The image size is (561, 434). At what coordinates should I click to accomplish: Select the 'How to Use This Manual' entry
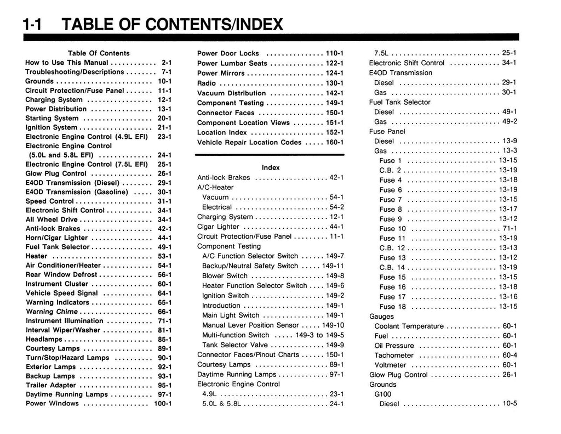[x=67, y=63]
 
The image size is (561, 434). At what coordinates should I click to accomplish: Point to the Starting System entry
[x=52, y=118]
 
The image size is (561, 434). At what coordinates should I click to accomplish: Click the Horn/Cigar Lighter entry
[x=56, y=238]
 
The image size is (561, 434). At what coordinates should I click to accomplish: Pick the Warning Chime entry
[x=51, y=312]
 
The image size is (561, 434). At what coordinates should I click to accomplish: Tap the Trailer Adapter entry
[x=50, y=385]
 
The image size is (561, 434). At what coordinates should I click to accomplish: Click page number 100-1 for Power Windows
[x=163, y=404]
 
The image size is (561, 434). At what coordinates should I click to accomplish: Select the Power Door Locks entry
[x=228, y=53]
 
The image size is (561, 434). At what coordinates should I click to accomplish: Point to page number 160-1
[x=334, y=142]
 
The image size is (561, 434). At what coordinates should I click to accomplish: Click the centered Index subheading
[x=271, y=167]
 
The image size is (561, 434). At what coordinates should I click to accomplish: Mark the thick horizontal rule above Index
[x=270, y=155]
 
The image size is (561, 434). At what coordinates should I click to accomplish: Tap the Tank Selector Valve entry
[x=235, y=345]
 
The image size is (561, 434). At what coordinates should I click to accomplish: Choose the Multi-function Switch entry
[x=236, y=335]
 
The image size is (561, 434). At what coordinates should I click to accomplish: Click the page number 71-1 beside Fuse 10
[x=510, y=229]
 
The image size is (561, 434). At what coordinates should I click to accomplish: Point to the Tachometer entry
[x=394, y=356]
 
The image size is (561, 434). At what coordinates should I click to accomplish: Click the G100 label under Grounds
[x=383, y=394]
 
